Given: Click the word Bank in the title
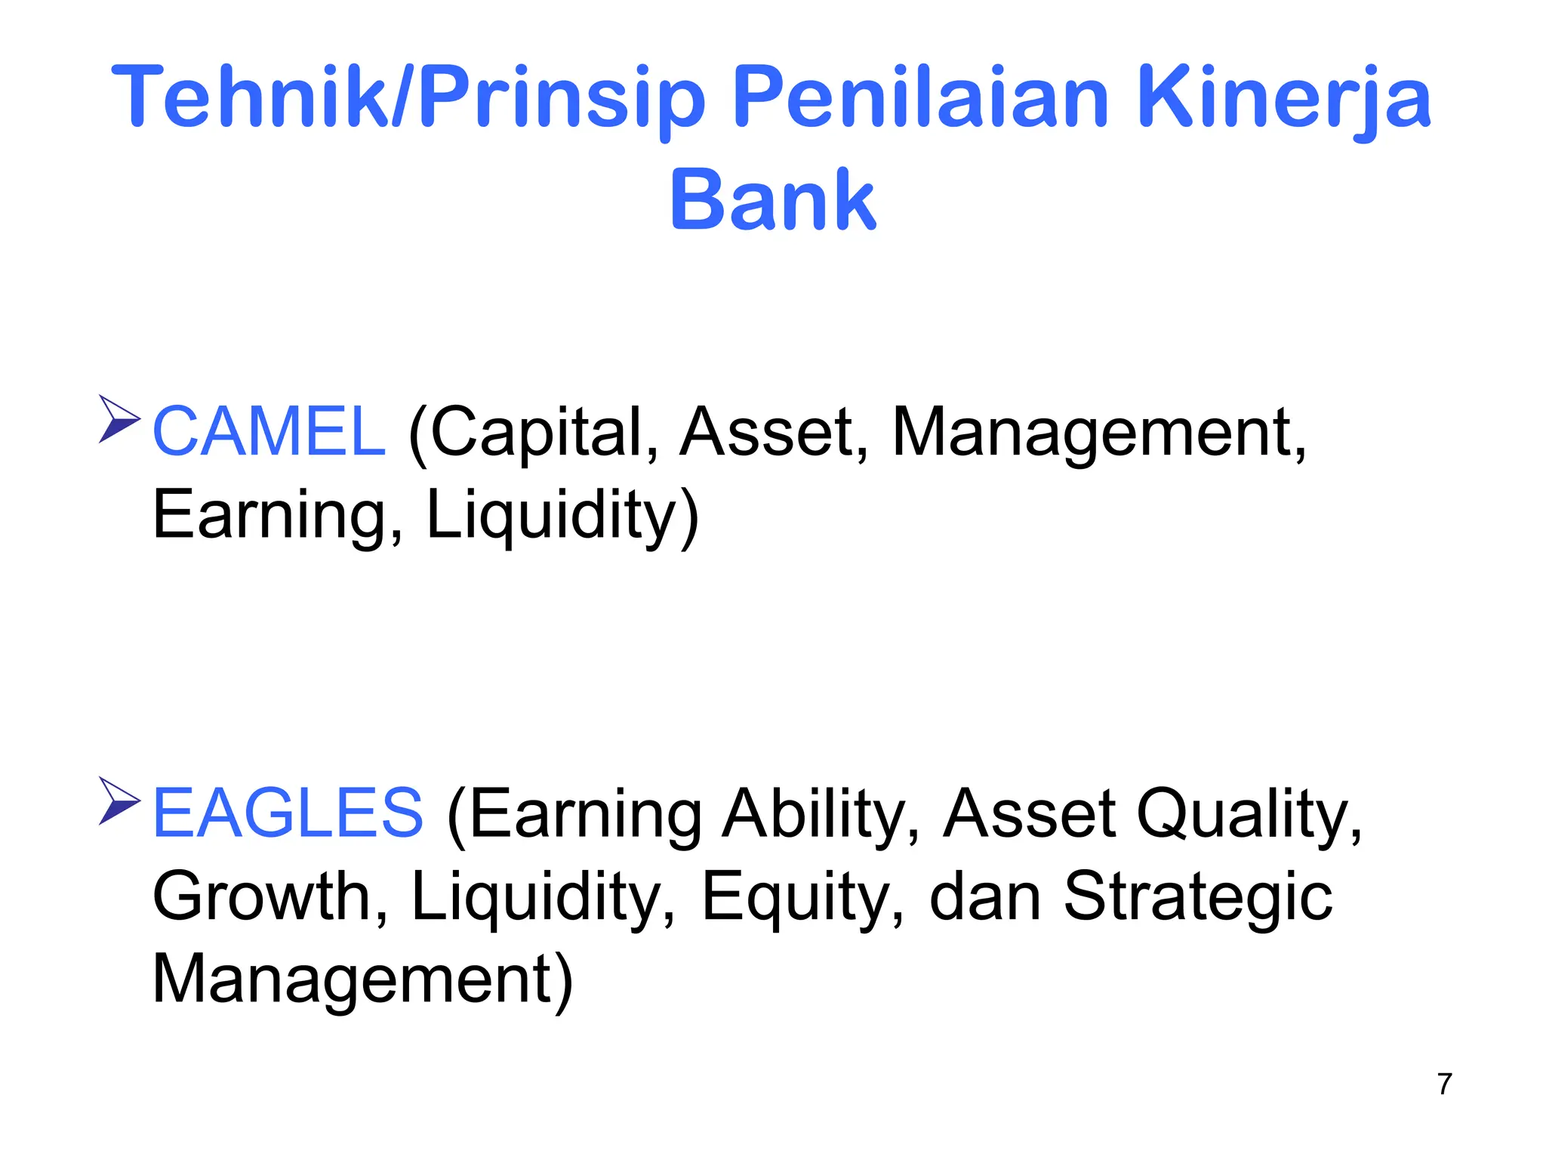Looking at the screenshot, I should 772,199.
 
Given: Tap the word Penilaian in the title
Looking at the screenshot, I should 921,98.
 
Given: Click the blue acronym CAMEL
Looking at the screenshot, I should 269,432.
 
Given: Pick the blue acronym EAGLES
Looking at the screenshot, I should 288,813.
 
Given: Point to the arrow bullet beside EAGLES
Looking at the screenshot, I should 119,801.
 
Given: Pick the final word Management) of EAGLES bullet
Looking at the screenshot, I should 363,980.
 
